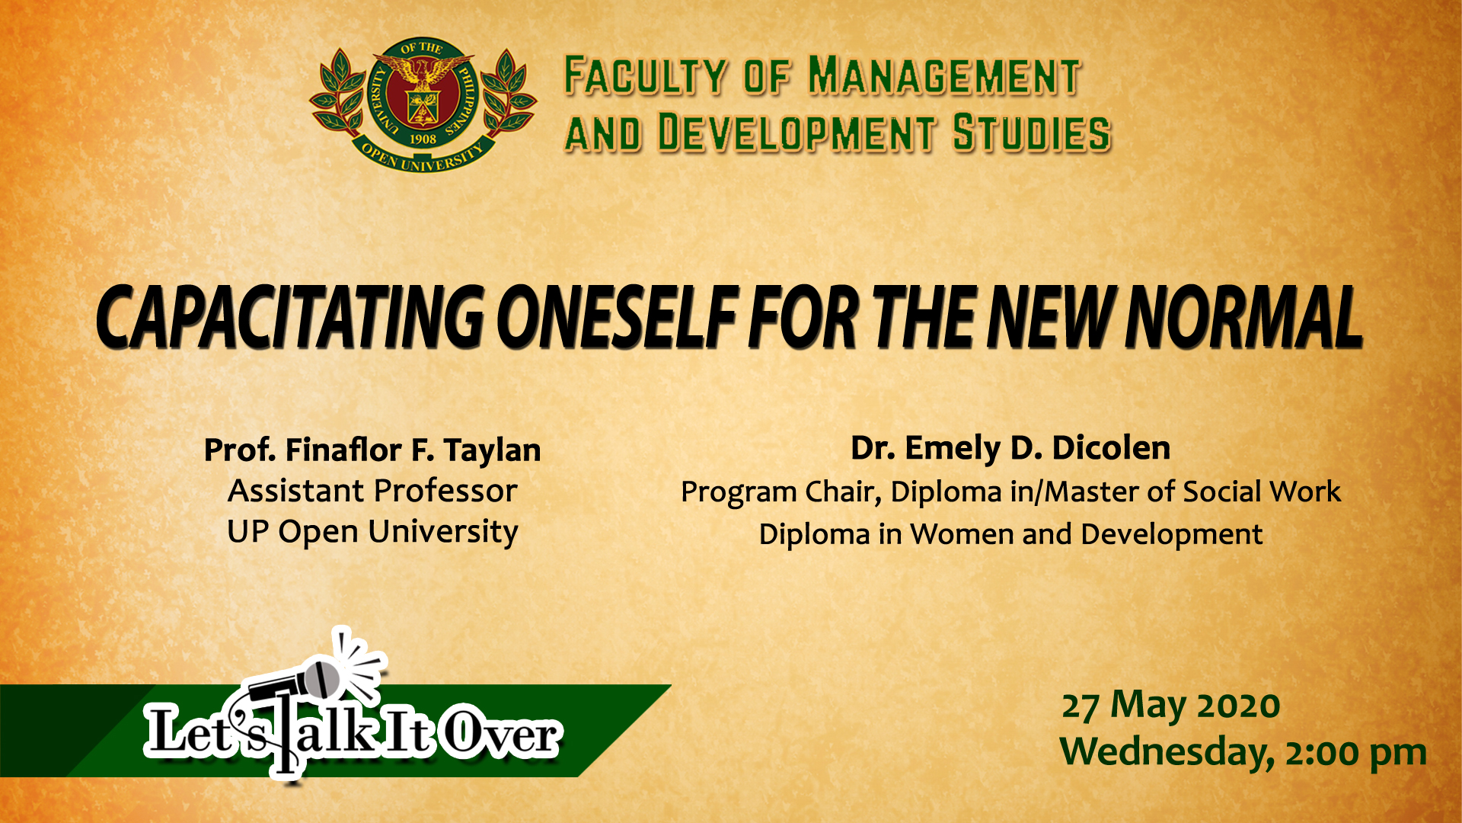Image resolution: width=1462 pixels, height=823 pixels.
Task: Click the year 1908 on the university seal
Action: (423, 139)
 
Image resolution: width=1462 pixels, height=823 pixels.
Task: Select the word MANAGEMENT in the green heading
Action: (944, 76)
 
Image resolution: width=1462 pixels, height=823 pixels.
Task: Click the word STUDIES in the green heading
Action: (1032, 133)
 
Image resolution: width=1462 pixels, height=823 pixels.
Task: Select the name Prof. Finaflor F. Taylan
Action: (372, 450)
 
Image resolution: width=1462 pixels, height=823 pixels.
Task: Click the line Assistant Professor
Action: (372, 491)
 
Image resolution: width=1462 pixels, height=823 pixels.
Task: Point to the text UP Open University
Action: (372, 532)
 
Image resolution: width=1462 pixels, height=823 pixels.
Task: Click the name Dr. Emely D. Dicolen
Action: (1010, 448)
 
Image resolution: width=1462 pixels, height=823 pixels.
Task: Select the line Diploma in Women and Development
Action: (1010, 534)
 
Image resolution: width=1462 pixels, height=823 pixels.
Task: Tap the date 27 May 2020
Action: (1171, 705)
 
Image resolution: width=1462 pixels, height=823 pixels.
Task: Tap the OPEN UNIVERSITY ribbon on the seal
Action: (423, 157)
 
